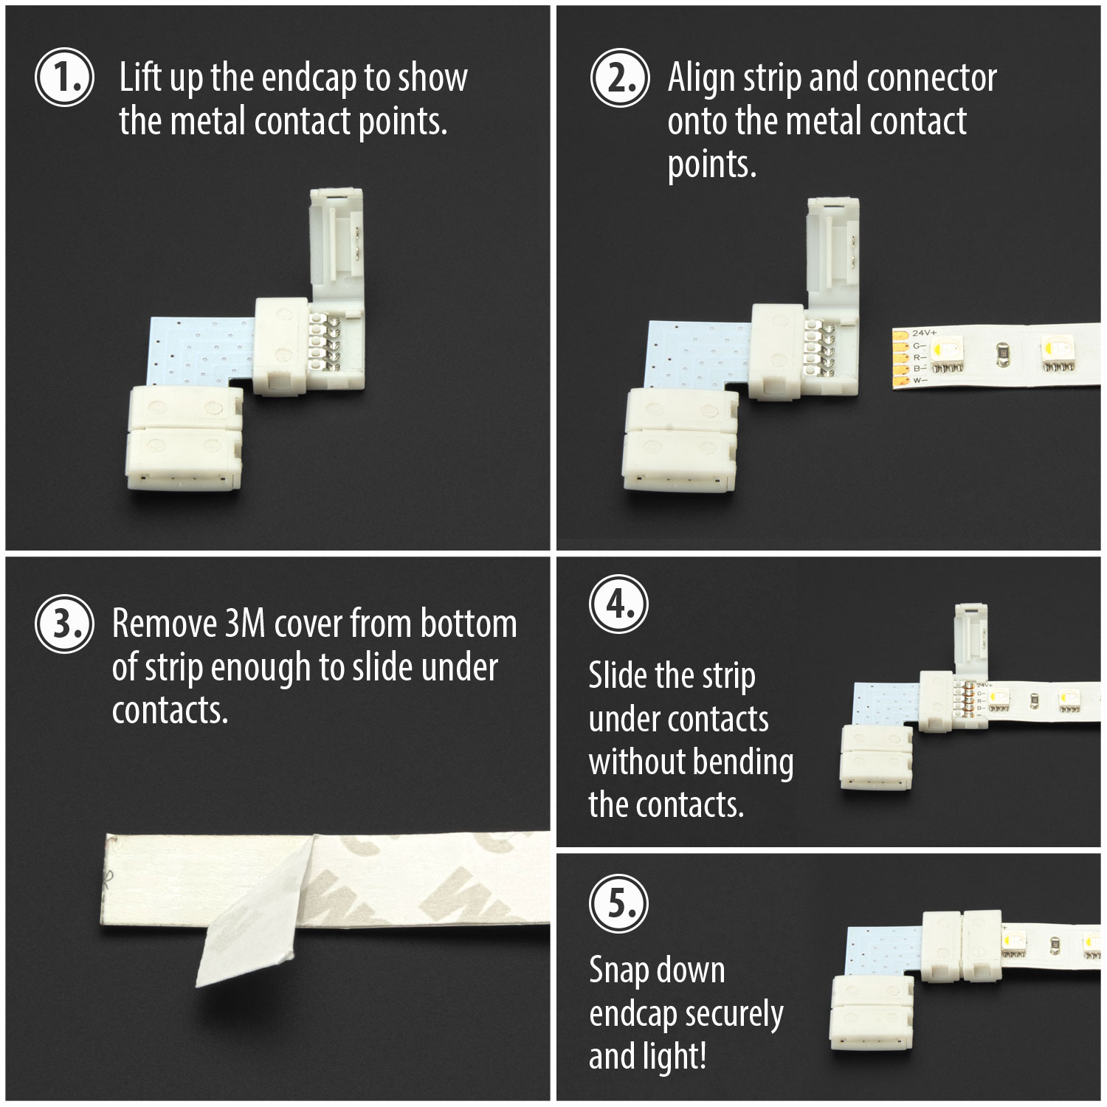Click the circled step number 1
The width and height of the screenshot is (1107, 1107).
(x=64, y=77)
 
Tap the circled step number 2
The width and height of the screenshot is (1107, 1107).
(x=620, y=77)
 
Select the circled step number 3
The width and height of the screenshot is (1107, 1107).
(x=64, y=624)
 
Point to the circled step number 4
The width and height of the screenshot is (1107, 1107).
(x=618, y=604)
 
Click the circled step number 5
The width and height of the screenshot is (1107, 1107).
(x=618, y=903)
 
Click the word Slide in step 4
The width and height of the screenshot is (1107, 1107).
(x=618, y=675)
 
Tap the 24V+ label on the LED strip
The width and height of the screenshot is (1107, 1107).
(x=924, y=334)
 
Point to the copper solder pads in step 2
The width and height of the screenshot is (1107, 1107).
(x=900, y=359)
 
